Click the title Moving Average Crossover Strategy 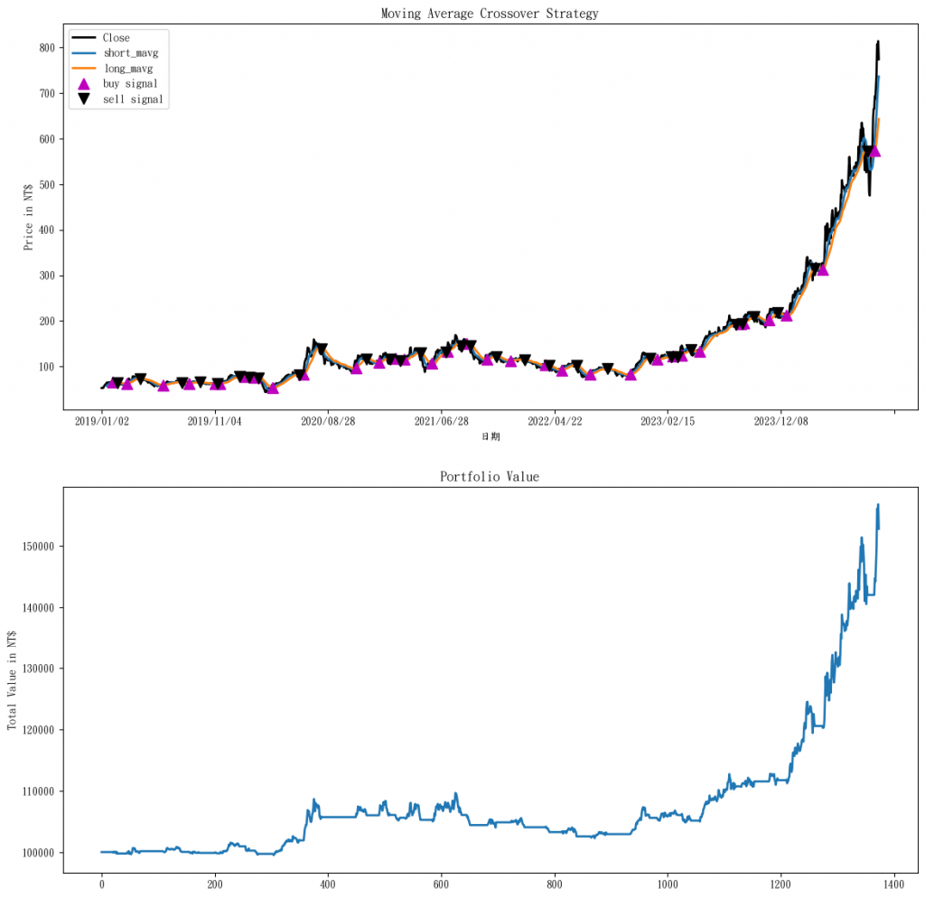tap(490, 14)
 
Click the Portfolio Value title tap(490, 476)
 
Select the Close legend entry tap(116, 38)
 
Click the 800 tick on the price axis tap(44, 48)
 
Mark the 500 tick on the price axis tap(44, 184)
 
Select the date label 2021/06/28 tap(441, 421)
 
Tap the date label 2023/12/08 tap(780, 421)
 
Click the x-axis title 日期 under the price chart tap(490, 436)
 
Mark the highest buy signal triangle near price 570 tap(874, 151)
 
